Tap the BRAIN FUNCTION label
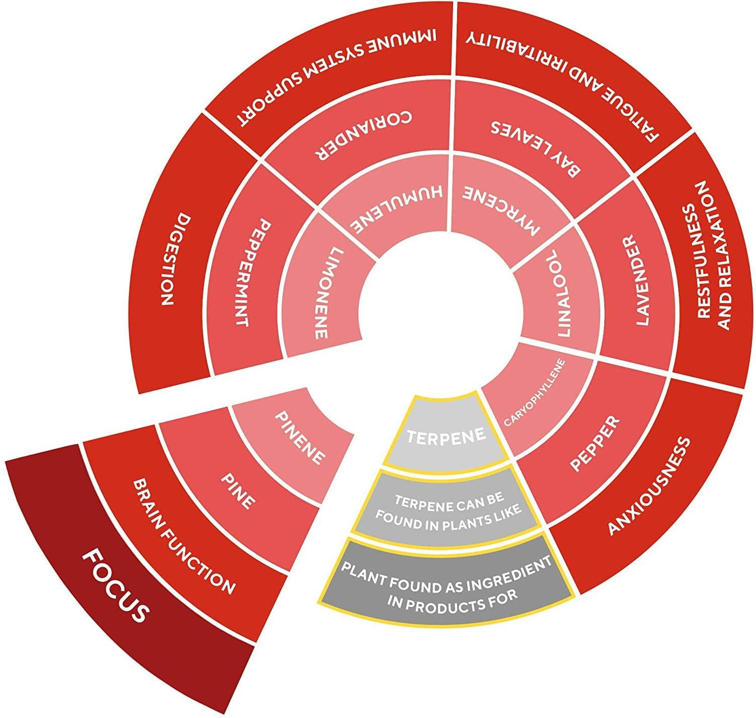[184, 536]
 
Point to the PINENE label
[300, 438]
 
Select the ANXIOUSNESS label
[649, 486]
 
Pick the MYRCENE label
[500, 209]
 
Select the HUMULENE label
[396, 207]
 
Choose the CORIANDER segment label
[363, 135]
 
